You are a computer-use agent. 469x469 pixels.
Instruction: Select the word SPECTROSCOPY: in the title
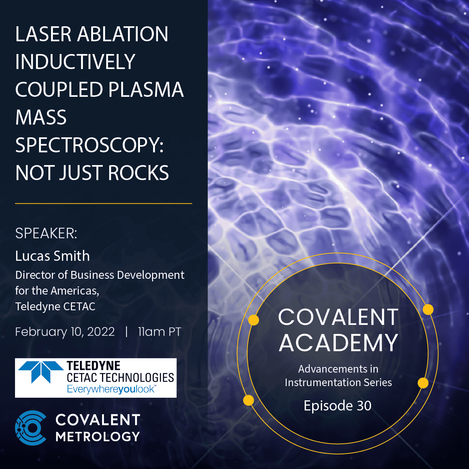coord(89,145)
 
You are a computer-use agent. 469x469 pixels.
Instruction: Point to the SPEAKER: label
coord(46,233)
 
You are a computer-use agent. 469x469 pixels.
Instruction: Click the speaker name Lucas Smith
coord(53,256)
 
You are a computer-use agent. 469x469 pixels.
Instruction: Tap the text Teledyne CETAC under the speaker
coord(55,307)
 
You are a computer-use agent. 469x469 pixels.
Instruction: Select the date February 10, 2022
coord(65,332)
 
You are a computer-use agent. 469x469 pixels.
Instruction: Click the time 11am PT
coord(159,332)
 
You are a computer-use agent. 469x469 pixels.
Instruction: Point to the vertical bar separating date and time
coord(126,332)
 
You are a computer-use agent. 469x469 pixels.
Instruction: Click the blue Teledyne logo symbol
coord(41,371)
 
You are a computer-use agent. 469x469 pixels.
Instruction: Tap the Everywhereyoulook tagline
coord(111,389)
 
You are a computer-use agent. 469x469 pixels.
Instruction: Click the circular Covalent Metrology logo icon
coord(31,428)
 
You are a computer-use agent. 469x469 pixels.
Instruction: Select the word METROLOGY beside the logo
coord(98,437)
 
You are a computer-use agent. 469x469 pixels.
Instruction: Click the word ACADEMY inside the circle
coord(338,343)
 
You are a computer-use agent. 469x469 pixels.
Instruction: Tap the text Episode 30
coord(338,406)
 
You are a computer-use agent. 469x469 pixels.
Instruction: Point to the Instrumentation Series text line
coord(338,382)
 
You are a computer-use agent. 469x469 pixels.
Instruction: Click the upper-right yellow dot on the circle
coord(428,310)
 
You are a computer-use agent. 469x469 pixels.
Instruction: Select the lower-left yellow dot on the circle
coord(248,400)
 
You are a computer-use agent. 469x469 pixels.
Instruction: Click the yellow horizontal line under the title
coord(104,203)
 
